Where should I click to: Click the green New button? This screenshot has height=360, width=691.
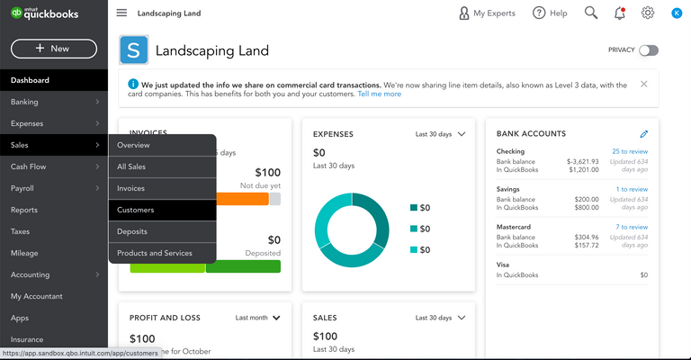[x=53, y=49]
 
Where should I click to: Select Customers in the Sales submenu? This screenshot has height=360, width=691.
[x=136, y=210]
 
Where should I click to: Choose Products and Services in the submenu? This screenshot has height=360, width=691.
[x=155, y=253]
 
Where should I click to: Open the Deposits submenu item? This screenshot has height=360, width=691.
[x=134, y=231]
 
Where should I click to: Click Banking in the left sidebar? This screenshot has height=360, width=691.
[x=25, y=102]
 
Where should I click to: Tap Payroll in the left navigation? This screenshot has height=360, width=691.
[x=22, y=188]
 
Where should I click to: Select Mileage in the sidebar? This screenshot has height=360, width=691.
[x=24, y=253]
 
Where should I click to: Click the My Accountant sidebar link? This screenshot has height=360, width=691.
[x=37, y=296]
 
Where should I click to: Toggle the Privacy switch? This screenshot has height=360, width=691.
[x=648, y=50]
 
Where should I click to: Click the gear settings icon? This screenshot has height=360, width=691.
[x=648, y=13]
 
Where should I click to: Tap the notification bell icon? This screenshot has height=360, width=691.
[x=619, y=13]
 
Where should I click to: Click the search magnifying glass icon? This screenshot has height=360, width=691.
[x=591, y=13]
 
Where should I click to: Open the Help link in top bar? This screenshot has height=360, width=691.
[x=549, y=13]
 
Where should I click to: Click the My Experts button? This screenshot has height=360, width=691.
[x=486, y=13]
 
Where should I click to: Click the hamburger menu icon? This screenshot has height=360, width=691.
[x=121, y=13]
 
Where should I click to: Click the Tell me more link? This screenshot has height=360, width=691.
[x=379, y=94]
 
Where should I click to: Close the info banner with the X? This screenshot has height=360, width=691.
[x=643, y=84]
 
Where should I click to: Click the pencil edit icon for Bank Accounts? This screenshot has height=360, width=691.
[x=644, y=134]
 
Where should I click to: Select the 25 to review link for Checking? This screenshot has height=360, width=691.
[x=629, y=151]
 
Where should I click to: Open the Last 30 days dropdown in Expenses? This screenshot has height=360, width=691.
[x=440, y=134]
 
